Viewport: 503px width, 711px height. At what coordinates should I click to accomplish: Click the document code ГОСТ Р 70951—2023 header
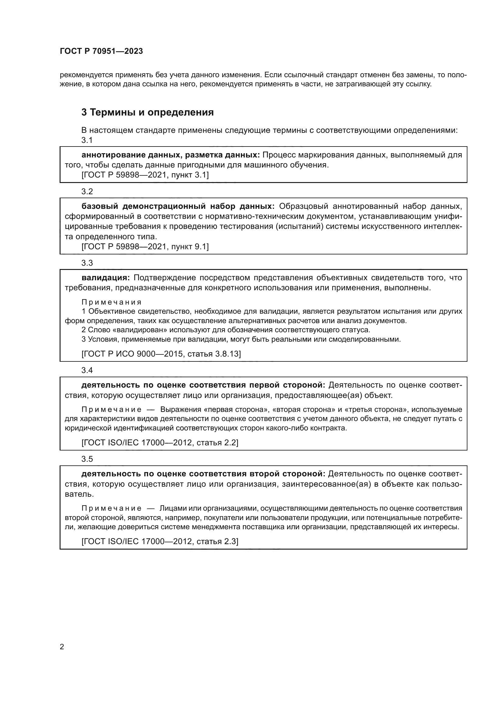101,51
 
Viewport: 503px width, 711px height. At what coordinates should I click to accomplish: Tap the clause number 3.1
87,140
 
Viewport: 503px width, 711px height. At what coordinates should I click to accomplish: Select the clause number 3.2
87,192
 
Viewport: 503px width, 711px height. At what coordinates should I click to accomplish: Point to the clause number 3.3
87,263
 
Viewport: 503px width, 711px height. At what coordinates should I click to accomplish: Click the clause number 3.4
87,370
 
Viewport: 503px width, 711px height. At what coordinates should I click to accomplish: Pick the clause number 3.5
87,459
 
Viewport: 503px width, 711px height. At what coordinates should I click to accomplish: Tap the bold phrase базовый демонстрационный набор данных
178,206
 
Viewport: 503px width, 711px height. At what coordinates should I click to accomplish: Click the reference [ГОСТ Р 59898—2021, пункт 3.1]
145,175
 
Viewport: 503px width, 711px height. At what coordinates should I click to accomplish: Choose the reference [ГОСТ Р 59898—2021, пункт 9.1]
145,247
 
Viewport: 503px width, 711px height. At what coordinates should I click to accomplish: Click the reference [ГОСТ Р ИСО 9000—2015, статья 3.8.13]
161,354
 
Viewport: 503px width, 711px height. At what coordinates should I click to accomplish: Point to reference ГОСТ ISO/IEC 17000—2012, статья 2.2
160,443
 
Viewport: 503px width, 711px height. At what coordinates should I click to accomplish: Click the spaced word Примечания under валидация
112,302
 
